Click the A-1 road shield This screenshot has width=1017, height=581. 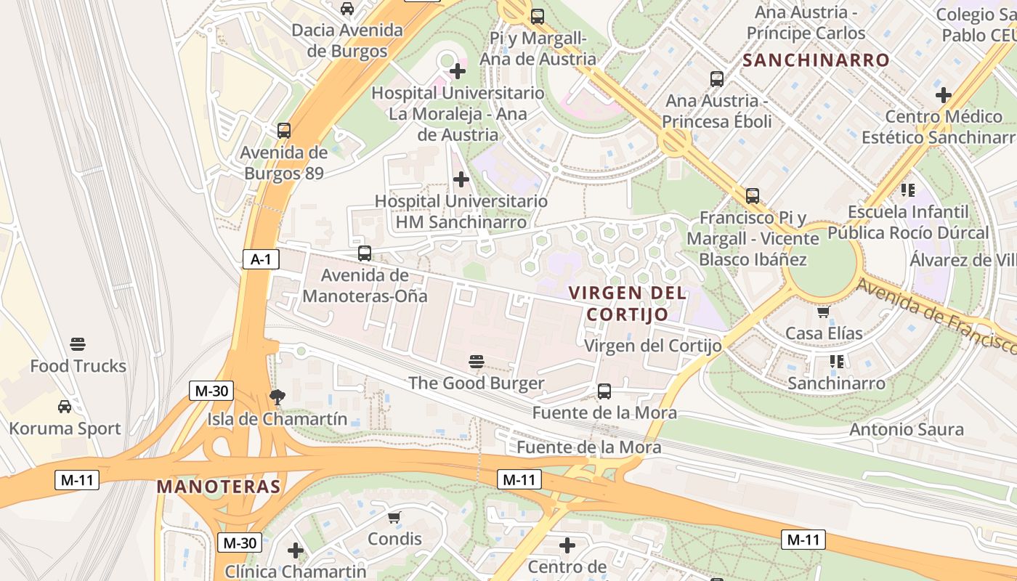click(260, 259)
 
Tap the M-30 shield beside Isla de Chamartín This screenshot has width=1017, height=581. click(211, 391)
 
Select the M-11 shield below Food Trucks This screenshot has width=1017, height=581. click(77, 480)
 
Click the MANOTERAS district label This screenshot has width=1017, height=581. click(219, 487)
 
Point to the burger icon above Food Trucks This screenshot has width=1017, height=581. click(78, 344)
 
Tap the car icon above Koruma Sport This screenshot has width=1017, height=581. click(65, 406)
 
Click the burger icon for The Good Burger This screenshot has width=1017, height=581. click(477, 361)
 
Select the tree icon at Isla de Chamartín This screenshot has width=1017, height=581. click(276, 397)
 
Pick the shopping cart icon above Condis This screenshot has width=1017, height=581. click(394, 517)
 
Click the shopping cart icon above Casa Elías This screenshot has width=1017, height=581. click(823, 312)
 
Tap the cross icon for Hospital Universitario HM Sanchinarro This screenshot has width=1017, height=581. click(461, 179)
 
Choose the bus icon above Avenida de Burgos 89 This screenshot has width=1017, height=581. click(284, 131)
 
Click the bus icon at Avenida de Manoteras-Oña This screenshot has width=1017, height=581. click(365, 253)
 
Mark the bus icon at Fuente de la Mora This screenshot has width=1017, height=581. click(604, 391)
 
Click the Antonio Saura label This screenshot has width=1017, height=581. click(907, 429)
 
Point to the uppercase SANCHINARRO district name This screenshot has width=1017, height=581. click(817, 60)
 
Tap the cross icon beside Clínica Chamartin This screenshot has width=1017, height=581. click(296, 550)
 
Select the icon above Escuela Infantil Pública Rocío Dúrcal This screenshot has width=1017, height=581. click(907, 190)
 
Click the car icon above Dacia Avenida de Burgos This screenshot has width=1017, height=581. click(347, 9)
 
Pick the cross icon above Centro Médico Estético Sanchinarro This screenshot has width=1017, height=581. click(944, 94)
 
